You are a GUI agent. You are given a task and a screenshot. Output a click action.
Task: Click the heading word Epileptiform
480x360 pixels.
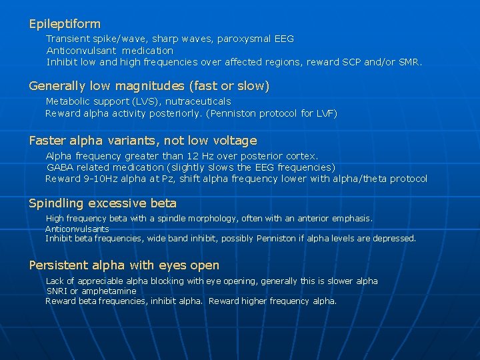click(x=65, y=24)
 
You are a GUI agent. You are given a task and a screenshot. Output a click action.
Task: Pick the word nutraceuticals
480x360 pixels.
click(x=198, y=101)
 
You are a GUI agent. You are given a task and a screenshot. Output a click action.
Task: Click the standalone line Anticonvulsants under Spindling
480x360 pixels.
click(x=77, y=229)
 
